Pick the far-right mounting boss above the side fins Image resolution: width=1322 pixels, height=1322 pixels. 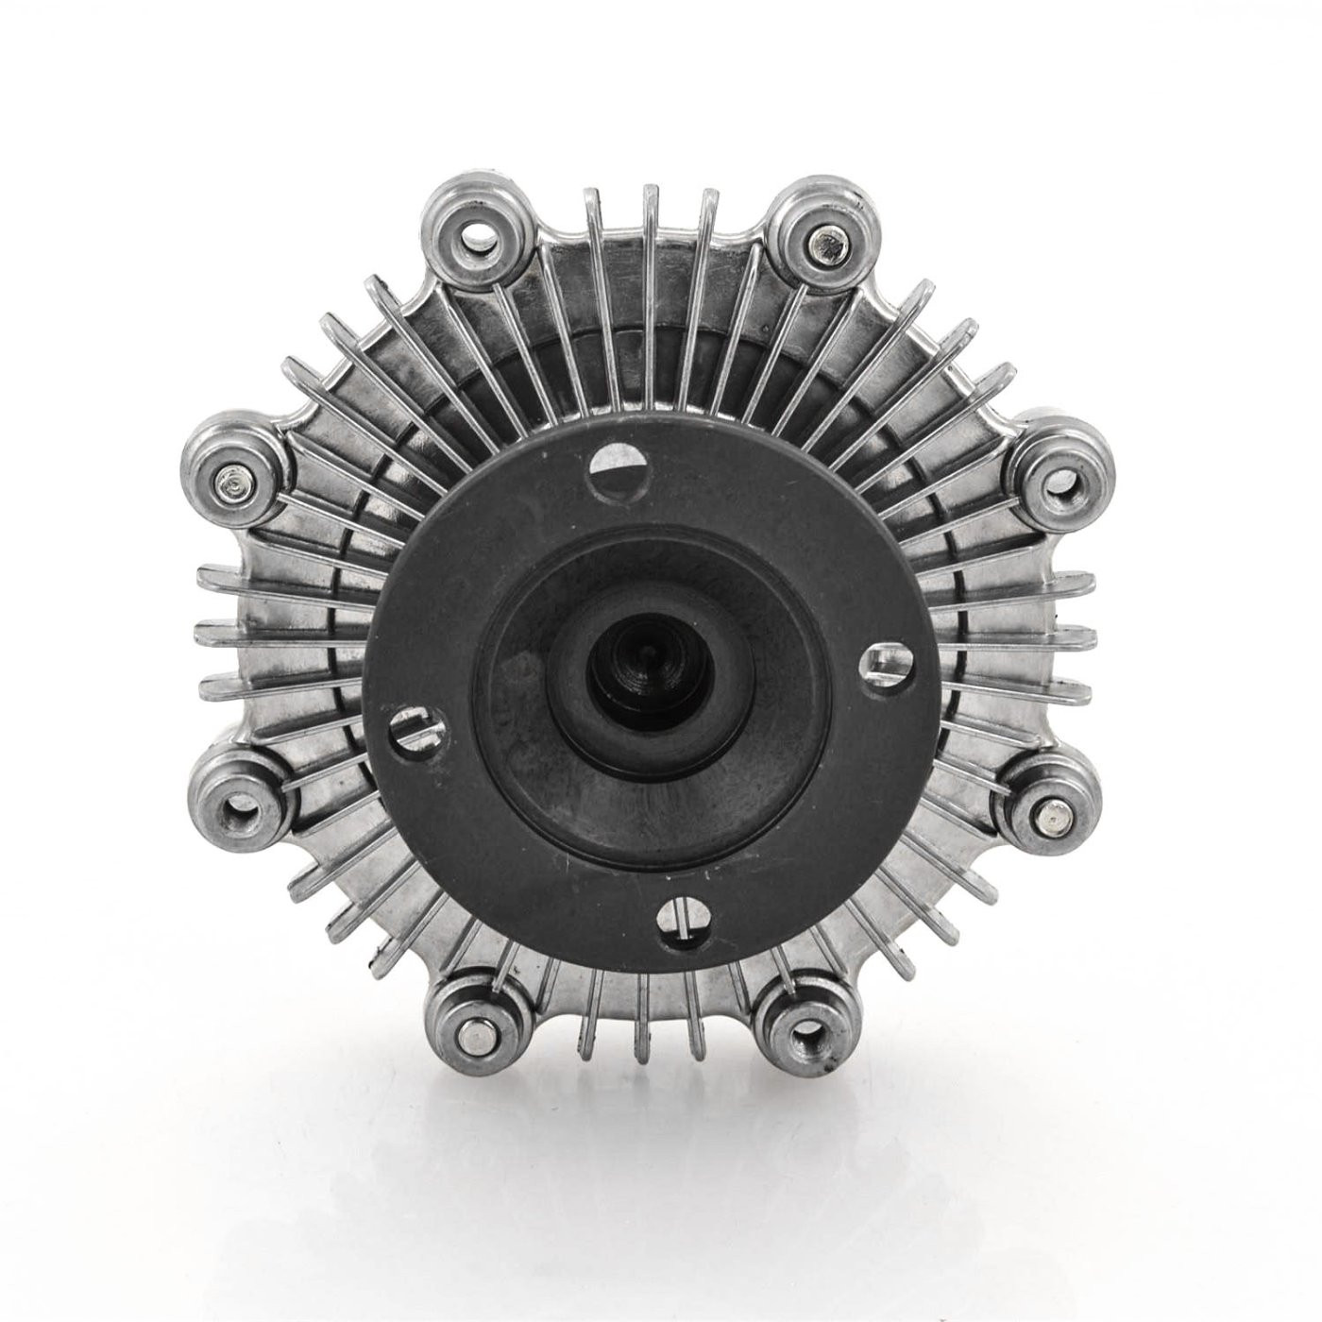1058,480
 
